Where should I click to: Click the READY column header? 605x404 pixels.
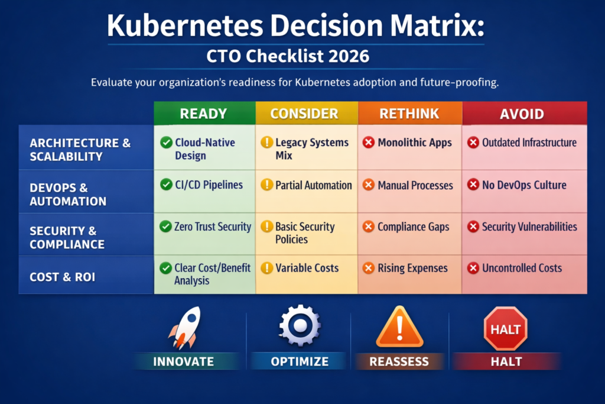pos(204,114)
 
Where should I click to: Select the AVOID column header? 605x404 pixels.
pos(524,114)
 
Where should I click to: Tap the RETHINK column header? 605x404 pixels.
pos(409,114)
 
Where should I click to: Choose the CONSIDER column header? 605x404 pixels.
pos(306,114)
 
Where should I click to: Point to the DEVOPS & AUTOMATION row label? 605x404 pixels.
pos(68,194)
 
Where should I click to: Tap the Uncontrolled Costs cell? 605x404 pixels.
pos(522,268)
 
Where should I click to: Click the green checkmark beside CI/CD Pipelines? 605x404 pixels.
pos(166,185)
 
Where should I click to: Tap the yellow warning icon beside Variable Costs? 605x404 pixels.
pos(267,268)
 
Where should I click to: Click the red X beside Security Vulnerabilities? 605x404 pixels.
pos(473,227)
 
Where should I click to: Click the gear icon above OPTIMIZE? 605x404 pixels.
pos(300,327)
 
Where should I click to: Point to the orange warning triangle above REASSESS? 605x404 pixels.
pos(399,327)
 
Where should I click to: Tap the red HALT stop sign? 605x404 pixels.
pos(505,328)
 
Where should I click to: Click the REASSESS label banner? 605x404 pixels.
pos(399,361)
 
